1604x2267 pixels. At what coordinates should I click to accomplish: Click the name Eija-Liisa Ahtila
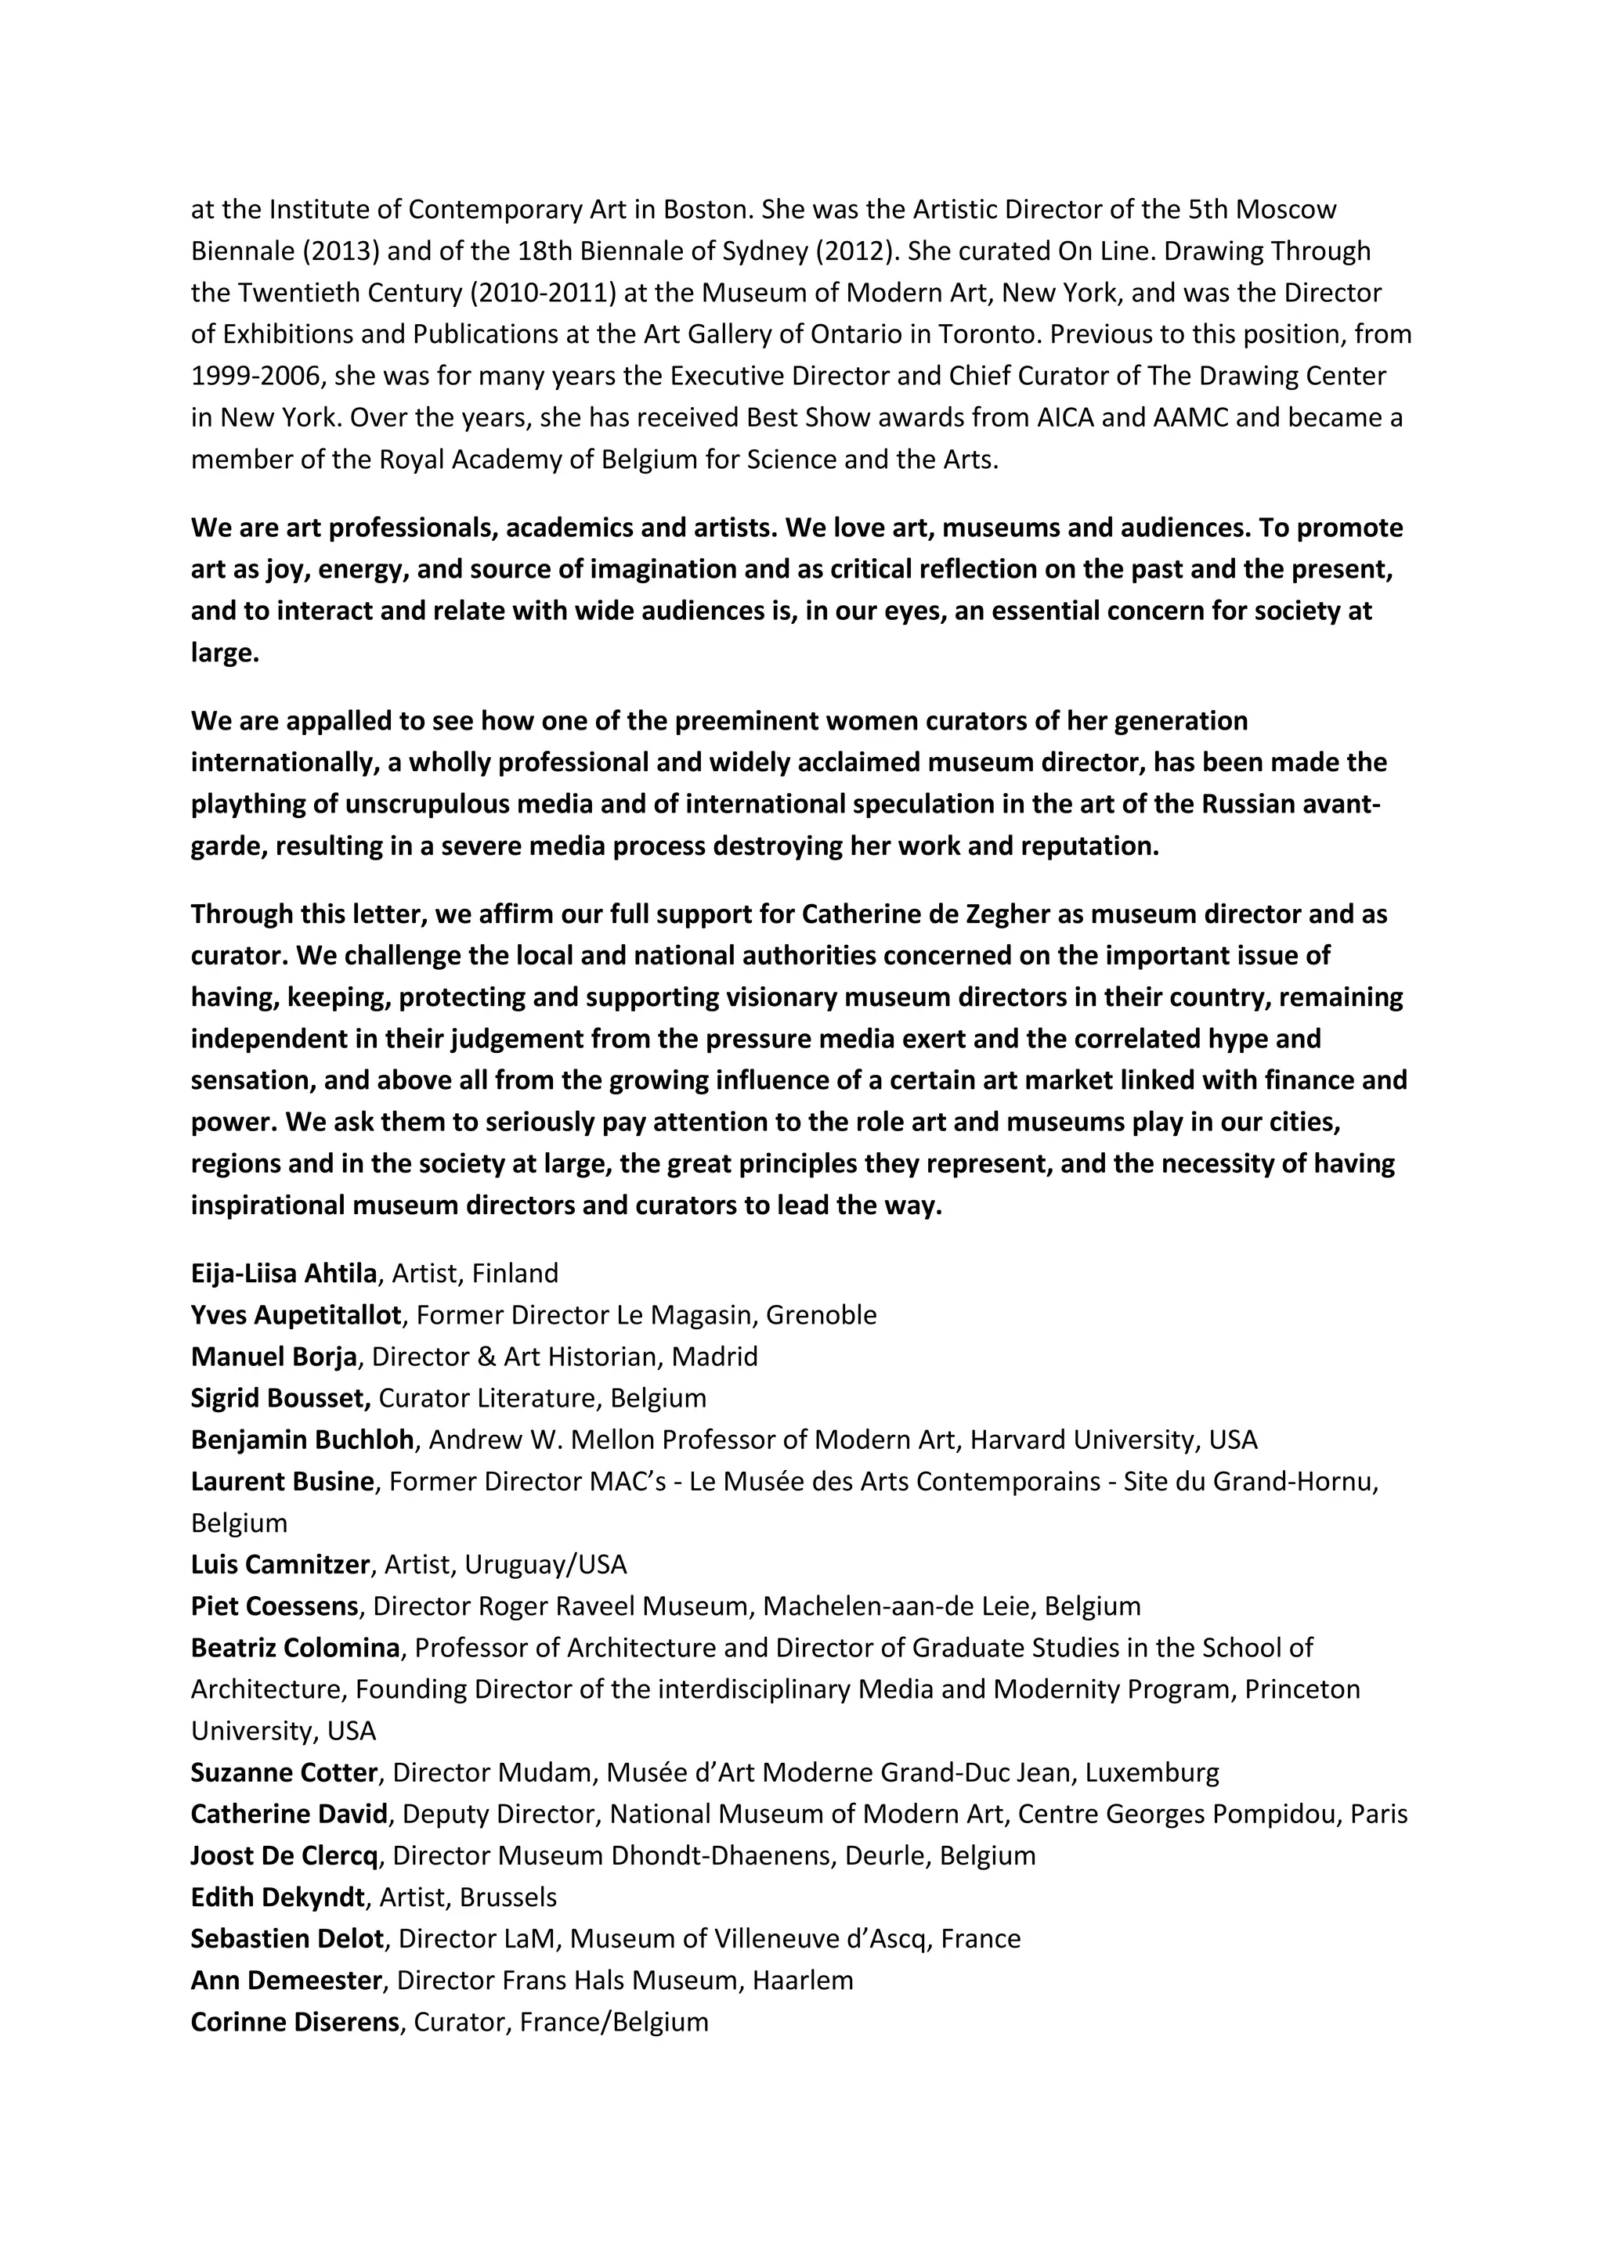(x=284, y=1273)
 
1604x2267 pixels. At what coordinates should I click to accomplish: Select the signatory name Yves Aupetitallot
(x=296, y=1315)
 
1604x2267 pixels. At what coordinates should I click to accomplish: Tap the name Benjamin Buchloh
(x=302, y=1440)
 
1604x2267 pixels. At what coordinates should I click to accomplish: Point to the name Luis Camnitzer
(x=280, y=1564)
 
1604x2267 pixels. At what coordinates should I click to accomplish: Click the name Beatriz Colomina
(x=295, y=1648)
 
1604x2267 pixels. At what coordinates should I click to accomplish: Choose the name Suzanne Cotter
(x=284, y=1772)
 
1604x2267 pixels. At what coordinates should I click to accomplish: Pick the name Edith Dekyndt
(x=277, y=1897)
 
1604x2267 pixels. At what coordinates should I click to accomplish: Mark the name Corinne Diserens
(x=295, y=2022)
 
